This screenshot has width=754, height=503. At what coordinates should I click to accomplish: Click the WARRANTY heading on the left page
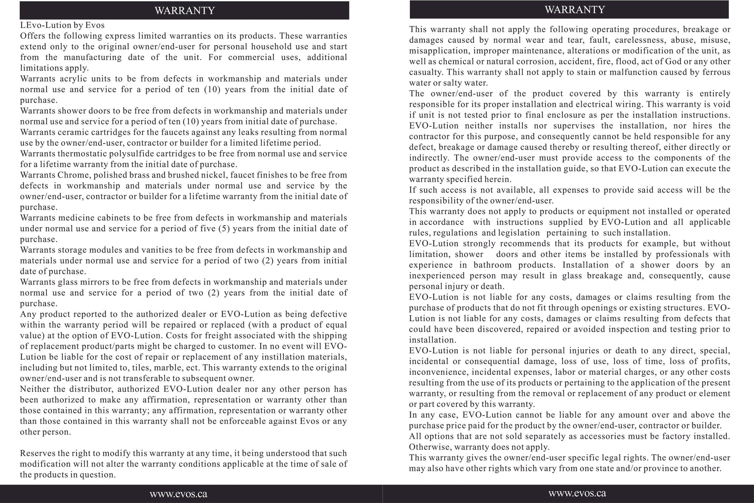pyautogui.click(x=184, y=10)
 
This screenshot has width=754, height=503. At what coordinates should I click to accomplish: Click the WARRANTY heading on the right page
pyautogui.click(x=575, y=10)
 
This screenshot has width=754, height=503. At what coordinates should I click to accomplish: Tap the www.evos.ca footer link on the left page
pyautogui.click(x=178, y=494)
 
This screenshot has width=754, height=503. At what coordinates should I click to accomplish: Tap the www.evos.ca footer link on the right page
pyautogui.click(x=577, y=493)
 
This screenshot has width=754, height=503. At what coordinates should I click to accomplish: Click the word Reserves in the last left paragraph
pyautogui.click(x=36, y=453)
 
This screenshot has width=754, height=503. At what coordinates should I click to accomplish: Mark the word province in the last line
pyautogui.click(x=658, y=468)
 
